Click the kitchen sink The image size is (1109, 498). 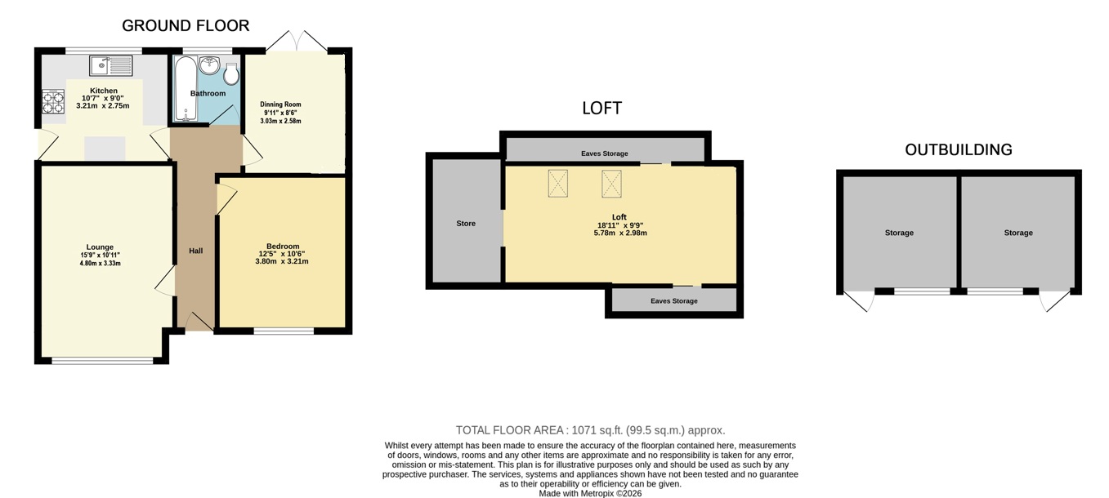tap(111, 66)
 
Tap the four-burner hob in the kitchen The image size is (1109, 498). tap(53, 101)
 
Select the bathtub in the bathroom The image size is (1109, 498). tap(186, 89)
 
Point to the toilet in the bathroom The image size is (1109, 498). tap(231, 73)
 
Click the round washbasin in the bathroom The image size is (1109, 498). tap(210, 65)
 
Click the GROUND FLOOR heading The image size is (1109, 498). tap(186, 25)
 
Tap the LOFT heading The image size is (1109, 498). tap(601, 109)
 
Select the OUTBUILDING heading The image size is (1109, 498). tap(959, 150)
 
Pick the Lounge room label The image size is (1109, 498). tap(100, 247)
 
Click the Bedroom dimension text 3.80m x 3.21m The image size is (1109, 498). tap(282, 261)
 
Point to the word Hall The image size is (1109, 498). tap(195, 251)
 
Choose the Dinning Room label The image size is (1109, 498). tap(280, 104)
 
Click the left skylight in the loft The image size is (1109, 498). tap(558, 184)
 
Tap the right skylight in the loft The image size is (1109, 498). tap(611, 184)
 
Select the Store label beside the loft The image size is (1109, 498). tap(466, 224)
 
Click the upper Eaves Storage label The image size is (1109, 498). tap(605, 153)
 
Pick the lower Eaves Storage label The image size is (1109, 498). tap(673, 300)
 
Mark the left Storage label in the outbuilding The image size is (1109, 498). tap(899, 233)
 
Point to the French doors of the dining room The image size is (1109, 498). tap(297, 41)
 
